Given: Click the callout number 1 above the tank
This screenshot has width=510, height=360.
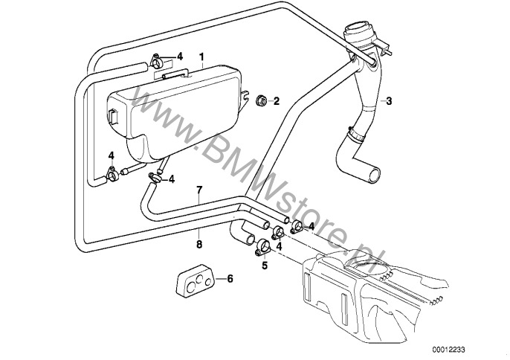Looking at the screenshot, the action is pyautogui.click(x=201, y=57).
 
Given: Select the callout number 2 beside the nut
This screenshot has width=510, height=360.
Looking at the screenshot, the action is pyautogui.click(x=276, y=101).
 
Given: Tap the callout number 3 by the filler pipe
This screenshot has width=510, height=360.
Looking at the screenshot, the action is pyautogui.click(x=389, y=101).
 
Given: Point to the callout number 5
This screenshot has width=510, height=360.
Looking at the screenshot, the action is pyautogui.click(x=265, y=266).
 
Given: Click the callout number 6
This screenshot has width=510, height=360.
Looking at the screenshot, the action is pyautogui.click(x=230, y=279).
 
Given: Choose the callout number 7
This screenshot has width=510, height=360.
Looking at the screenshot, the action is pyautogui.click(x=199, y=190).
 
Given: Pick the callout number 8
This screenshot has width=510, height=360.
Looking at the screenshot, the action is pyautogui.click(x=199, y=244).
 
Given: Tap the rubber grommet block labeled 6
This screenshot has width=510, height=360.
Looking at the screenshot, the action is pyautogui.click(x=195, y=281).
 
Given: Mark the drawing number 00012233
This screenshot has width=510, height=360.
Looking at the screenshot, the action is pyautogui.click(x=448, y=350).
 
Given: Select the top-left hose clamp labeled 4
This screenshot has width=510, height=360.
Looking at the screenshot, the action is pyautogui.click(x=157, y=61).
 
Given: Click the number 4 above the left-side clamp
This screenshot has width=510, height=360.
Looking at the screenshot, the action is pyautogui.click(x=112, y=155).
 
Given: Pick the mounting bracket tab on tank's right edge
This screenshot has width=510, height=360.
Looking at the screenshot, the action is pyautogui.click(x=245, y=97).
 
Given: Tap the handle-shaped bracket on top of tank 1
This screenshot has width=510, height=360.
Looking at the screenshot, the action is pyautogui.click(x=175, y=74).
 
